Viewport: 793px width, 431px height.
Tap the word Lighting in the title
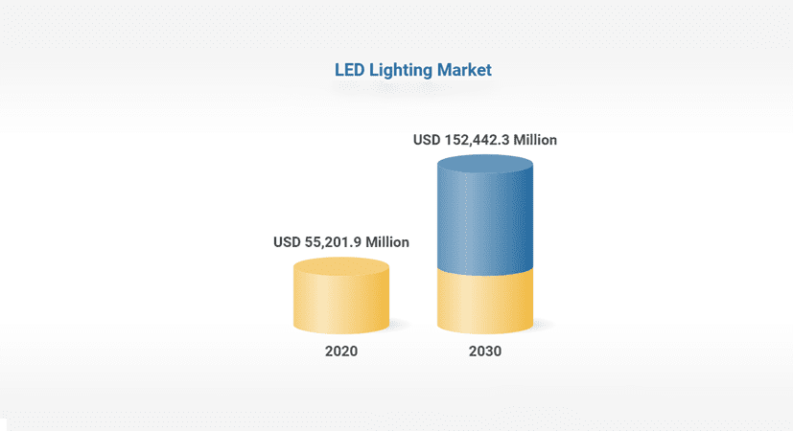(x=396, y=70)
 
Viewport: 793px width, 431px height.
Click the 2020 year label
(x=340, y=352)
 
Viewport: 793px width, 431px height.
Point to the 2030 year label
(x=485, y=352)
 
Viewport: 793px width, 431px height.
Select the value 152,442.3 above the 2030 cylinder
(x=477, y=140)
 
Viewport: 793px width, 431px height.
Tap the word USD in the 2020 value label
(x=287, y=242)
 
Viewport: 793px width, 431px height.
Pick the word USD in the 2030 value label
(x=427, y=140)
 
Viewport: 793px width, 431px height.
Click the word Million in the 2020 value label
(x=386, y=242)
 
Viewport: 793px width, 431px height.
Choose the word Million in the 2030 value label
(x=535, y=140)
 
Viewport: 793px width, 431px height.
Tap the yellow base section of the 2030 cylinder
(x=485, y=302)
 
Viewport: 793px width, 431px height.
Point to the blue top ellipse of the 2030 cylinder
(x=485, y=165)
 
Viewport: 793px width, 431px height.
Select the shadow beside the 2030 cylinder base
(x=544, y=326)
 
